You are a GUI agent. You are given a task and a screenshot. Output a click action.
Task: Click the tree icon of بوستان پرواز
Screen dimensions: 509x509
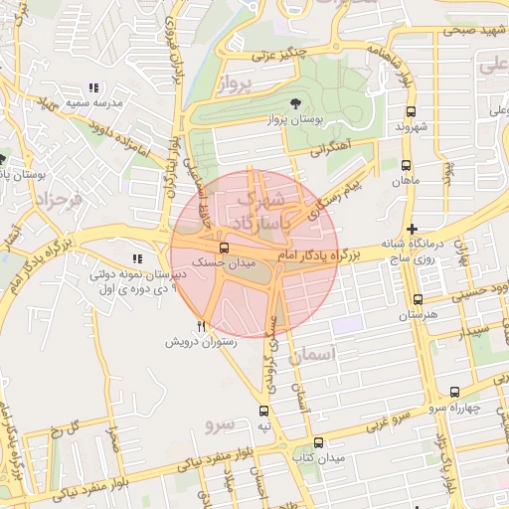(294, 103)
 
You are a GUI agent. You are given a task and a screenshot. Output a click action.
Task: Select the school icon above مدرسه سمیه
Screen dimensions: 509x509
(94, 88)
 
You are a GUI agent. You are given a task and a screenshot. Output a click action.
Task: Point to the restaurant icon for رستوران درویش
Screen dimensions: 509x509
(202, 325)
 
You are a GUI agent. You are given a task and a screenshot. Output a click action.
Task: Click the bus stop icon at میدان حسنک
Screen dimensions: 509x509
(223, 248)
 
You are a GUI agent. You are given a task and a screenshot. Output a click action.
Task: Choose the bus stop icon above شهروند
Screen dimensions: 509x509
(409, 111)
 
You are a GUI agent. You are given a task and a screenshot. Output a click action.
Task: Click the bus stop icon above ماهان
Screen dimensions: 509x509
(405, 166)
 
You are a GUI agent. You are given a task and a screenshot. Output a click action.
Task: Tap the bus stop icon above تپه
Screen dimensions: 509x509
(263, 410)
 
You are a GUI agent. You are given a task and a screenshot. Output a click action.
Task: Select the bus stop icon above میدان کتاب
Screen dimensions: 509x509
(318, 442)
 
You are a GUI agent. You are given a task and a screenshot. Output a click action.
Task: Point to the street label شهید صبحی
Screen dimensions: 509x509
(476, 32)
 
